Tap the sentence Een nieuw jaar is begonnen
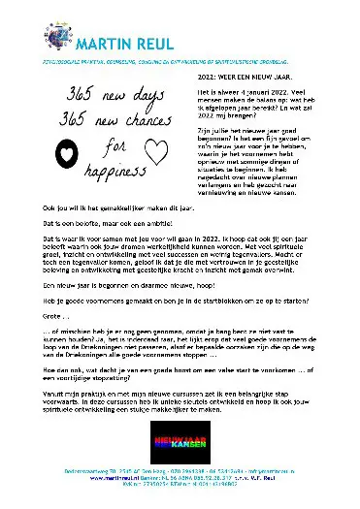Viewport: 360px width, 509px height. pyautogui.click(x=127, y=288)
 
